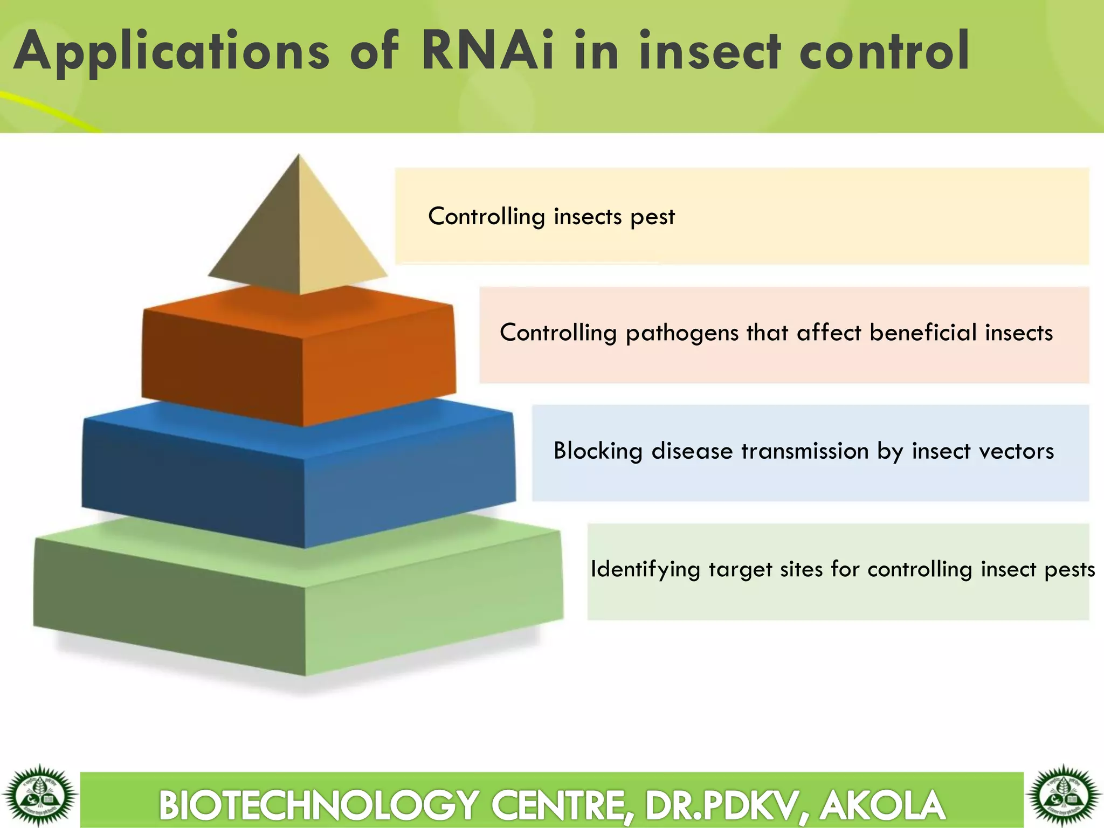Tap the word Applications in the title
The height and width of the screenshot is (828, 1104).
tap(171, 53)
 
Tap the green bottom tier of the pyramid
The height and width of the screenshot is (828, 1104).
tap(299, 604)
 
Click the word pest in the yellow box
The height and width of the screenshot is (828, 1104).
tap(652, 217)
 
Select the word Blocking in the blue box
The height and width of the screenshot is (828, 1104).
tap(598, 451)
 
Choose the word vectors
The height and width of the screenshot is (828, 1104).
tap(1016, 451)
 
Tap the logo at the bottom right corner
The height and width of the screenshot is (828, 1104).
tap(1064, 796)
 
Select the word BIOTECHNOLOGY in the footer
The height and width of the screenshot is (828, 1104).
tap(319, 805)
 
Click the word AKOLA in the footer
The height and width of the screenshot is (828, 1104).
tap(882, 805)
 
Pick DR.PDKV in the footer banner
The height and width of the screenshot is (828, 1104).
tap(719, 805)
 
